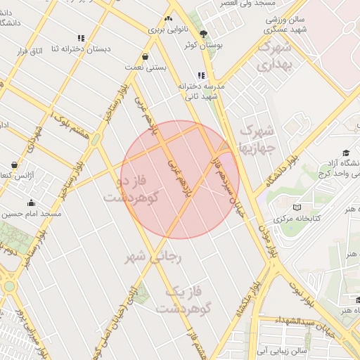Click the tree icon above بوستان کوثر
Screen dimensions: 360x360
pos(204,33)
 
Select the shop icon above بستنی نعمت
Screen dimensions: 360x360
pos(145,56)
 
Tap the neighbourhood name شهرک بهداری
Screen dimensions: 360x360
pos(273,56)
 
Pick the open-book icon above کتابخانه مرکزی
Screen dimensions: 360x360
pos(297,207)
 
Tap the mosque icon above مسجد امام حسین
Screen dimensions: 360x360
pos(31,203)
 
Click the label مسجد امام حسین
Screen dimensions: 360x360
pos(31,214)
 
